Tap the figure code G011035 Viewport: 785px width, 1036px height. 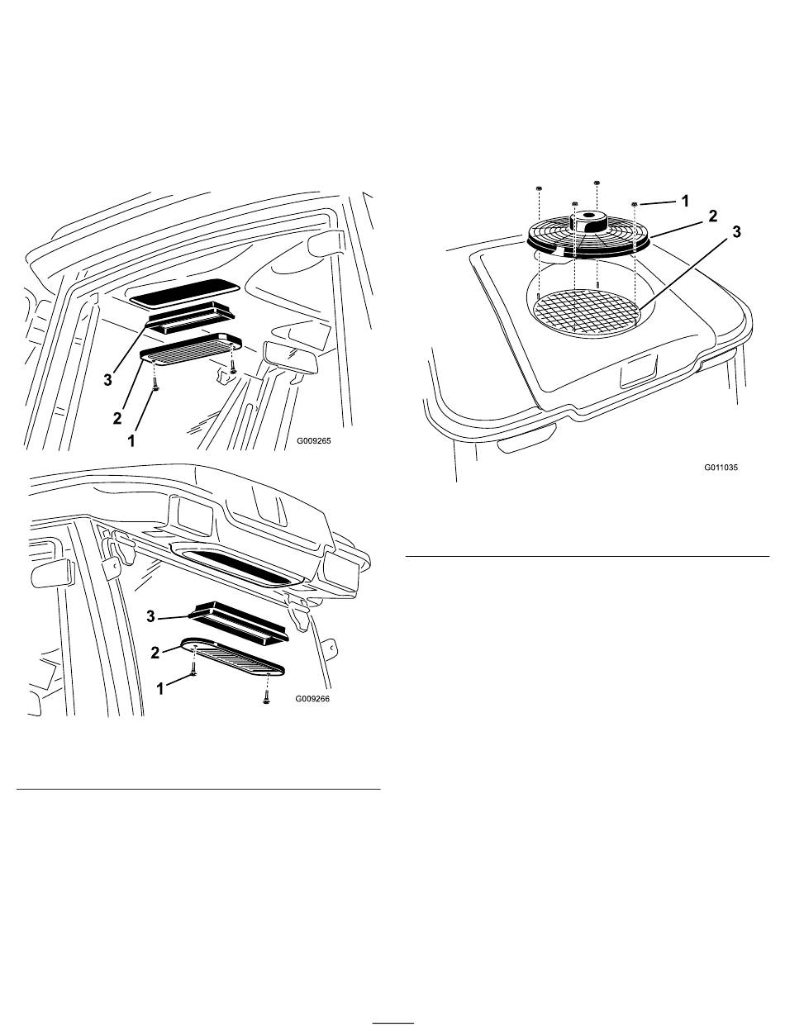click(x=721, y=467)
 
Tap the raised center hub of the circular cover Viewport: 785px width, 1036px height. click(x=590, y=219)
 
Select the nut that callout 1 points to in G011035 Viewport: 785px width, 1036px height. click(x=635, y=203)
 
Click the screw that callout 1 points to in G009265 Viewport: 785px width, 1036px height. click(x=155, y=384)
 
